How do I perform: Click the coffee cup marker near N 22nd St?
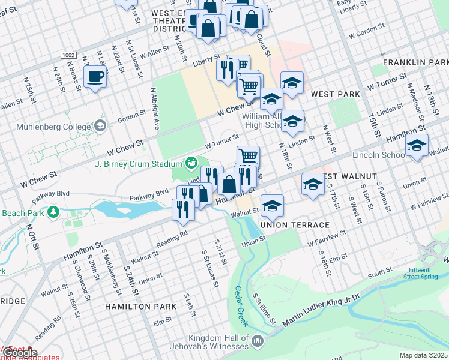point(95,77)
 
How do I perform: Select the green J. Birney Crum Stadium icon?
point(191,163)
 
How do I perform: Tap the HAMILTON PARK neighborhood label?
point(140,306)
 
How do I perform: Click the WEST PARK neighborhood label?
point(336,94)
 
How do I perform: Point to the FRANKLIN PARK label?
point(415,62)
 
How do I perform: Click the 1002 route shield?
point(68,55)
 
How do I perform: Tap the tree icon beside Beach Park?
point(53,212)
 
